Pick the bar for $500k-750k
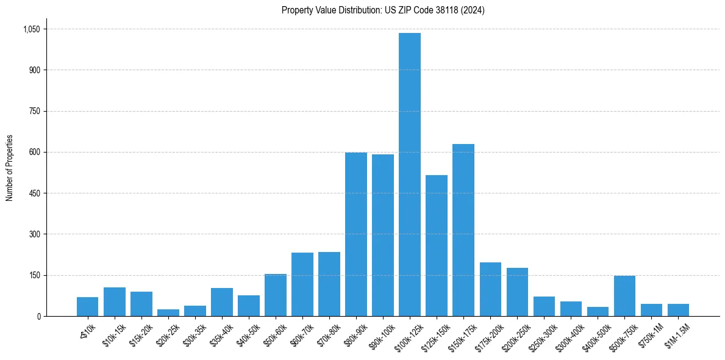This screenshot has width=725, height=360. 624,296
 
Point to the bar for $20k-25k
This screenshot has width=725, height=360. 168,312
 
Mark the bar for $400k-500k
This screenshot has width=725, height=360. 598,311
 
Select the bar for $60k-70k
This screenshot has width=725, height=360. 302,284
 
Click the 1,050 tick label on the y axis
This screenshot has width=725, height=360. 31,29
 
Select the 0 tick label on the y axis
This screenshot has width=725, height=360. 38,316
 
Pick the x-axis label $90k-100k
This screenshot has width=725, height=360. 380,334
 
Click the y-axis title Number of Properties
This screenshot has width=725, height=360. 10,167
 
